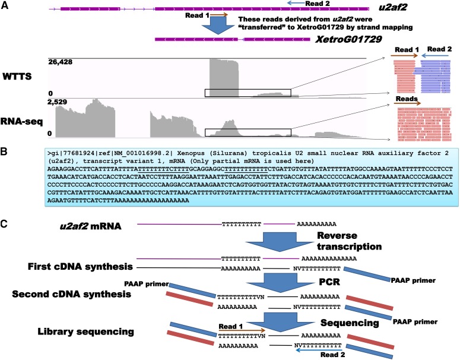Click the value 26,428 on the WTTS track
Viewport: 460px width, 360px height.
(62, 63)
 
